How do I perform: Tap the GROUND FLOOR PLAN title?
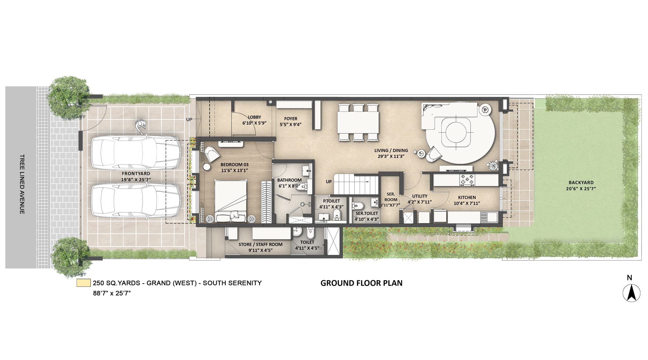361,283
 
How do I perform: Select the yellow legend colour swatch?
84,283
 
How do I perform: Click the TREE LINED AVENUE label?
22,184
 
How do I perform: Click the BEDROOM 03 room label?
234,165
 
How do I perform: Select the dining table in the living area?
358,122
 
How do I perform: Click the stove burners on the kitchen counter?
467,180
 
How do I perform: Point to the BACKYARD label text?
581,182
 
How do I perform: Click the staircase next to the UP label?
356,184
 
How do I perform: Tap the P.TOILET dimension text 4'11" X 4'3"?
331,207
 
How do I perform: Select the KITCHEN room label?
467,197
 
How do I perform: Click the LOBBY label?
254,117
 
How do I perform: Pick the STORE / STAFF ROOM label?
260,244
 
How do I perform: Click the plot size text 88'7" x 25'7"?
111,293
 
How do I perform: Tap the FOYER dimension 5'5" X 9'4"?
290,124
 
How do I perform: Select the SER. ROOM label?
390,197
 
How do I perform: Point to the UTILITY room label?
420,196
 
